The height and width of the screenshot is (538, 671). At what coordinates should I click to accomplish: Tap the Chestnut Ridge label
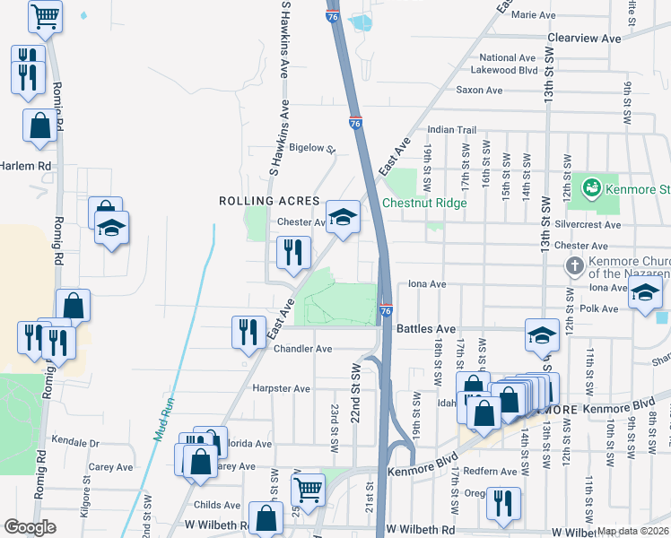(424, 203)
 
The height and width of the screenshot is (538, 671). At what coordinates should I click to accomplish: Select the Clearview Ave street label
(584, 39)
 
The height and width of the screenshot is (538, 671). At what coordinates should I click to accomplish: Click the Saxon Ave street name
(479, 91)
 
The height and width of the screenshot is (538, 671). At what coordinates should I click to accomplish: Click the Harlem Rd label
(26, 166)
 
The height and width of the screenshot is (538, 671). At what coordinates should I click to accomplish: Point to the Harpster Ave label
(282, 389)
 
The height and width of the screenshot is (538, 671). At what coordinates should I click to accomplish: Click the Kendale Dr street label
(74, 442)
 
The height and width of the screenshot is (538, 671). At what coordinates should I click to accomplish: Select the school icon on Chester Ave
(342, 218)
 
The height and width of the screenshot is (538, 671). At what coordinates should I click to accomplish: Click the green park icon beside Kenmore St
(590, 188)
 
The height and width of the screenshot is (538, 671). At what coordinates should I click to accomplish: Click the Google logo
(30, 527)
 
